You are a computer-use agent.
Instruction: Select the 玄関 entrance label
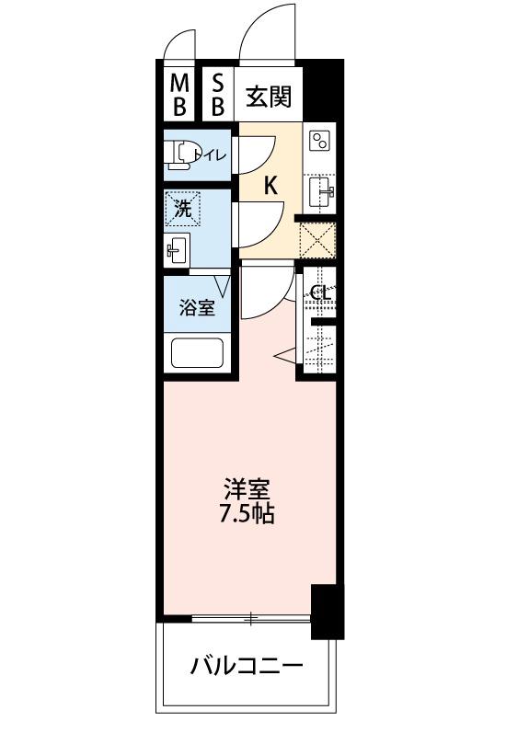pyautogui.click(x=269, y=96)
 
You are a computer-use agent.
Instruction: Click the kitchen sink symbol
pyautogui.click(x=321, y=191)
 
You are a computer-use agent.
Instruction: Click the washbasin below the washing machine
pyautogui.click(x=177, y=248)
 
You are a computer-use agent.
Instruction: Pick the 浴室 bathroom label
pyautogui.click(x=197, y=308)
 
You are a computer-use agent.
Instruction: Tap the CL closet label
pyautogui.click(x=320, y=293)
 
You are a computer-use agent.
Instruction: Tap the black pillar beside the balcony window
pyautogui.click(x=328, y=611)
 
